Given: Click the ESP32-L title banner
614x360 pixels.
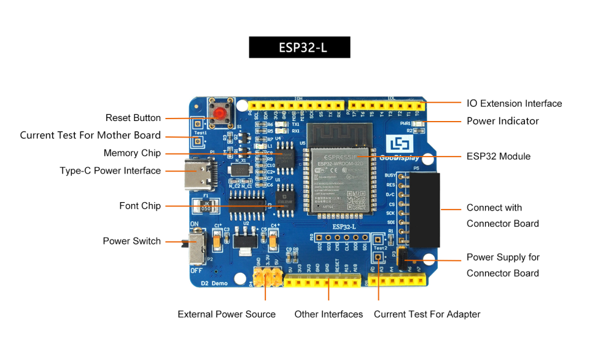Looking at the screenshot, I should [x=299, y=47].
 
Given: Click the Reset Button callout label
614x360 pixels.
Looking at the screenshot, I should [x=133, y=118].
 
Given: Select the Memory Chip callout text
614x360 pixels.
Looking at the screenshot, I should [x=132, y=153].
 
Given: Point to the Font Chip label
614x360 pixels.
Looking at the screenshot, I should [x=140, y=206].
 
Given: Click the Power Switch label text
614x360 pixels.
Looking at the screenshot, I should [x=131, y=241].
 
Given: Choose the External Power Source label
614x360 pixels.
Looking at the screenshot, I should [x=227, y=314].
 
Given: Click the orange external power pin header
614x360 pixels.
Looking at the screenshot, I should [x=265, y=276].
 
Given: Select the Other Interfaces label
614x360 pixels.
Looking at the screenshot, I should [x=328, y=314].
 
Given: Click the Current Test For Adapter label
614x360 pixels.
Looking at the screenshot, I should [x=427, y=314].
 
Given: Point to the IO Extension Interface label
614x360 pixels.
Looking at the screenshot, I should [x=514, y=103].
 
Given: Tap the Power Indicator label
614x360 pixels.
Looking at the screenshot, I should [x=502, y=121].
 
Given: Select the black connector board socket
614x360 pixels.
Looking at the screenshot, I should [x=424, y=209].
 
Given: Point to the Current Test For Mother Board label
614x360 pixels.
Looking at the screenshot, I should [x=90, y=135].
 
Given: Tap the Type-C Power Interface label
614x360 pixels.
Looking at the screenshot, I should [x=110, y=171].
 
